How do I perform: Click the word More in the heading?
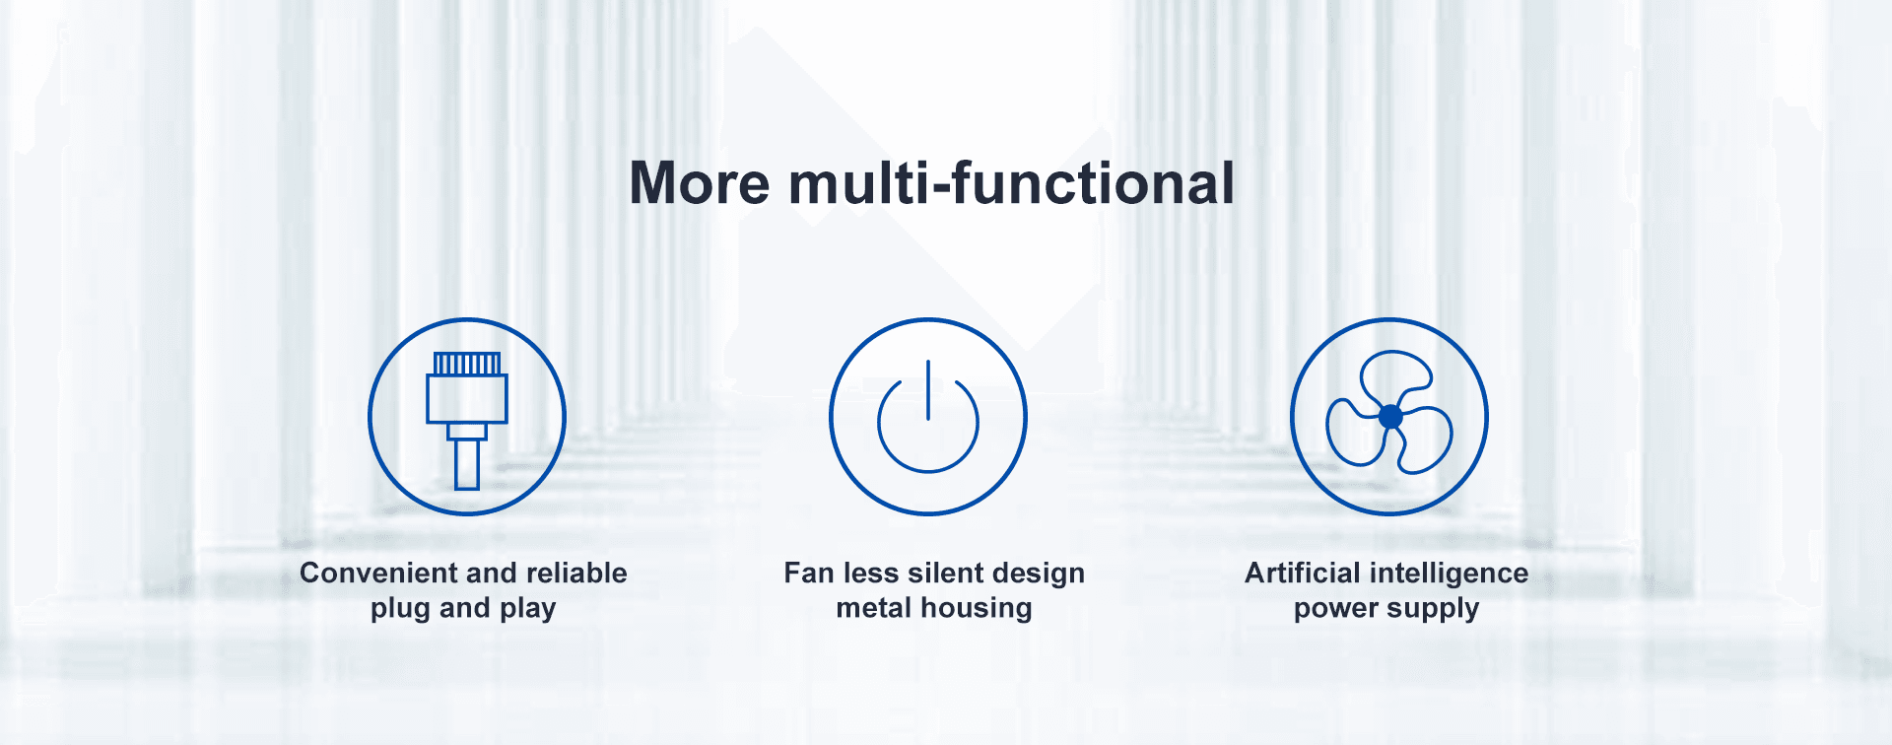tap(700, 184)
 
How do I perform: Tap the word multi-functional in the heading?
tap(1012, 183)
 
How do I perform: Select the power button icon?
tap(928, 417)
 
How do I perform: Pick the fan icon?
tap(1389, 417)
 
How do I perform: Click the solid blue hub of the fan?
tap(1390, 417)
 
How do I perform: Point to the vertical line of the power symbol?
tap(928, 390)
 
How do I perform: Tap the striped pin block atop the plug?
tap(467, 364)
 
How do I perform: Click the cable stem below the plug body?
tap(467, 464)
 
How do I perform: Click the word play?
tap(527, 609)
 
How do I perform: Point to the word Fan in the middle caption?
tap(809, 573)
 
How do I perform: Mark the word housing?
tap(977, 609)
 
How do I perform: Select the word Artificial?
tap(1303, 573)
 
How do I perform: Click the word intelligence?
tap(1449, 574)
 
